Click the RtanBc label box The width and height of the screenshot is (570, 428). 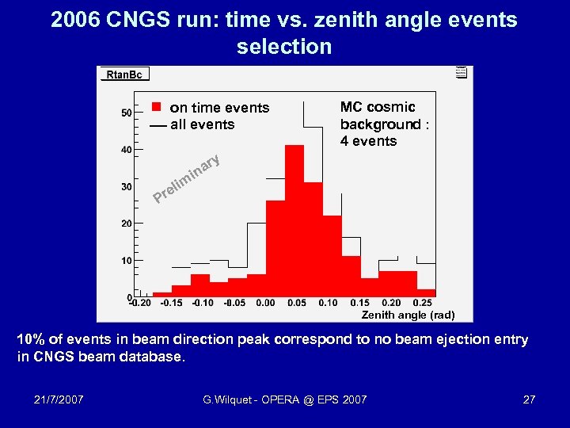point(125,75)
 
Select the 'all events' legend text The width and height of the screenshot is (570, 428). point(202,124)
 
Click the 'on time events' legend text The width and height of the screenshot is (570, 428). point(219,108)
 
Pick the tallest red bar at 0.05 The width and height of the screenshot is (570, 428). point(294,222)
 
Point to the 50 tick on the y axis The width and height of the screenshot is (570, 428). point(127,113)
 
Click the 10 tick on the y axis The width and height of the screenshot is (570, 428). point(127,260)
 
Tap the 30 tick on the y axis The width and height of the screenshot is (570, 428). point(127,187)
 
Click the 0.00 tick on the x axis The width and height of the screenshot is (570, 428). point(265,303)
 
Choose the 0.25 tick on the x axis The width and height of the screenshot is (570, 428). point(422,303)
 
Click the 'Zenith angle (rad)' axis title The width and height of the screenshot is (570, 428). point(408,315)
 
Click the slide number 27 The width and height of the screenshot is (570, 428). point(529,399)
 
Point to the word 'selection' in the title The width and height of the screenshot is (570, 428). point(284,46)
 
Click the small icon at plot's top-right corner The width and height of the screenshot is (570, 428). point(461,73)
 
